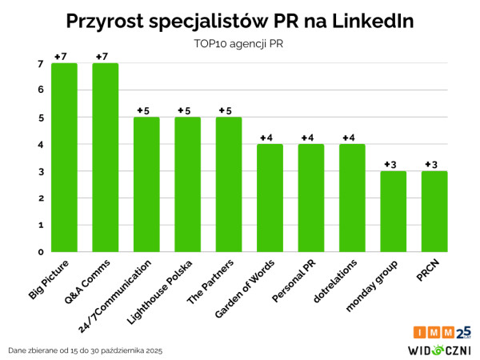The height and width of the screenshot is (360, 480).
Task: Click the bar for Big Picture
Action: pos(64,158)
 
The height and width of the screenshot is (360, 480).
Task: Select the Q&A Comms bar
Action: pos(105,158)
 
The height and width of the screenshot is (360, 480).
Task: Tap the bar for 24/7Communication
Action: pos(146,185)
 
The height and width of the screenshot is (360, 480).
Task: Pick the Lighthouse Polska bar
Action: pos(187,185)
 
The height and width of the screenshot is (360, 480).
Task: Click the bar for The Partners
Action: pos(229,185)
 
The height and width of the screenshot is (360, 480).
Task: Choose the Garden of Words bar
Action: pos(270,198)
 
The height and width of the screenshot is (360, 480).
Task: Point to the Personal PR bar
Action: pos(311,198)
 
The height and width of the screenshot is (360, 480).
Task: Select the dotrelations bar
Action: pos(352,198)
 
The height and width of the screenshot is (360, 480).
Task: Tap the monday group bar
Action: pos(393,212)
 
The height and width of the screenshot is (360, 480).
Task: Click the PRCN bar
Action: pos(434,212)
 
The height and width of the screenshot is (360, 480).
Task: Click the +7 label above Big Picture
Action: pos(62,57)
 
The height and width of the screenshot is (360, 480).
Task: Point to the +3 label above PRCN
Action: pos(432,165)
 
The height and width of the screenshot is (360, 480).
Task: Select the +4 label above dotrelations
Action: pos(350,138)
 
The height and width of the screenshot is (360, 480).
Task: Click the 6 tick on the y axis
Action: pos(40,90)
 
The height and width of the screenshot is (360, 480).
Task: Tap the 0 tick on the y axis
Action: pos(40,252)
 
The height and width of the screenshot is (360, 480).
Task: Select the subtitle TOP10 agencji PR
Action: pos(240,44)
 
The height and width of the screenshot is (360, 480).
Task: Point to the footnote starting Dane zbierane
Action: pos(85,350)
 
